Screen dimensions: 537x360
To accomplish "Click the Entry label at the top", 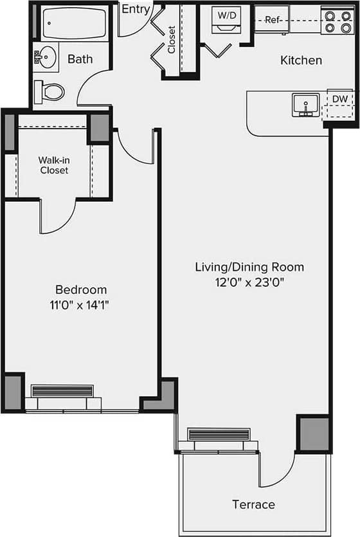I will [136, 9].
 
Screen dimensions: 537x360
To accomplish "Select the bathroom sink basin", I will [44, 59].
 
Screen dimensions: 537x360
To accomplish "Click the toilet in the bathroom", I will [50, 91].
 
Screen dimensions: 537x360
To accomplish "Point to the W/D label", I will [226, 14].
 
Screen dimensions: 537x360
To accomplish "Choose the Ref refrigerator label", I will [273, 20].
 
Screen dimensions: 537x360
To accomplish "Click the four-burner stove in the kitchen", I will [337, 21].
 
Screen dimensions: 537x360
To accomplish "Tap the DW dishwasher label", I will [340, 99].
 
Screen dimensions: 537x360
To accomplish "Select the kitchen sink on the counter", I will [305, 105].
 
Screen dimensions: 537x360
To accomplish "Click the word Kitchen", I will [301, 60].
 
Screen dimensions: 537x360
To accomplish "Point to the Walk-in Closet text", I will [54, 165].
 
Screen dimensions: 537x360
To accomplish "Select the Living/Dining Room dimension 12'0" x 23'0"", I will [249, 282].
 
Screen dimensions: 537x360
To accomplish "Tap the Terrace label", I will [253, 504].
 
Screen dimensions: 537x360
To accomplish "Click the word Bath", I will [80, 59].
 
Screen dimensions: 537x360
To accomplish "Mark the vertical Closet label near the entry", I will [172, 39].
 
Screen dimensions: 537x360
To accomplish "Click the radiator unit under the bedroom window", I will [62, 391].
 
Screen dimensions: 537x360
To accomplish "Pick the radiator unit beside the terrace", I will [219, 435].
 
